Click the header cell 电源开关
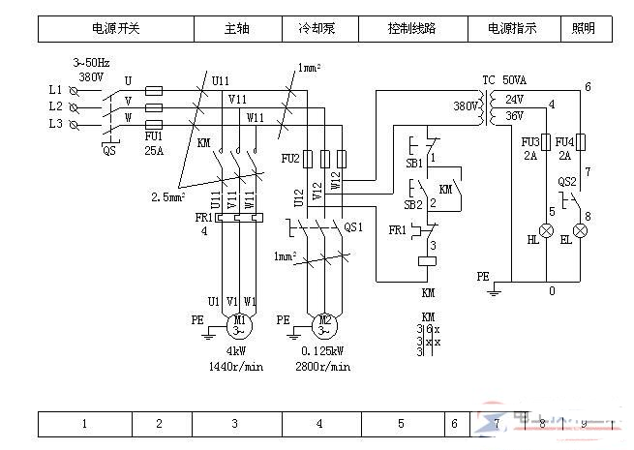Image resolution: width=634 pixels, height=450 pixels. point(115,29)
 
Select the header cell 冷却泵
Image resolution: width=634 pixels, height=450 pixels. point(316,29)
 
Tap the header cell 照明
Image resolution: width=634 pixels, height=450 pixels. point(590,29)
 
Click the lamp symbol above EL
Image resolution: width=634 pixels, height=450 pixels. point(580,231)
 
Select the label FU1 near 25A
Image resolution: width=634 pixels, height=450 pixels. point(153,137)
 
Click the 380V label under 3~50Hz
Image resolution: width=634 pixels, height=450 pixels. point(91,75)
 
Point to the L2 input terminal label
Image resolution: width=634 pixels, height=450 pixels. point(55,105)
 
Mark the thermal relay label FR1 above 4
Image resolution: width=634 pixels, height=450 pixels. point(203,219)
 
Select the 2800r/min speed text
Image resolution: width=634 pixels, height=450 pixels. point(323,368)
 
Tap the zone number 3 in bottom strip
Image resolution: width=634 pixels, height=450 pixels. point(234,424)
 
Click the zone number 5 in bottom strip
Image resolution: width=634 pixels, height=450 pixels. point(401,424)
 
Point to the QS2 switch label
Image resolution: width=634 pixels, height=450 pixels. point(567,181)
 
